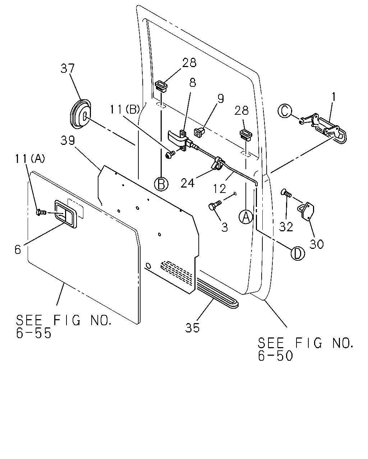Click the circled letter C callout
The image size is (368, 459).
(x=285, y=111)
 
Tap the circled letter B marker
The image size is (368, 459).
(x=161, y=184)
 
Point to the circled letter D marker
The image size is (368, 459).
(x=298, y=253)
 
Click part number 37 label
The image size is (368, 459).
(x=68, y=69)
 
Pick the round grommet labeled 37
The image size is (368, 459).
(x=80, y=114)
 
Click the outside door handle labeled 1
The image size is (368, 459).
(x=324, y=129)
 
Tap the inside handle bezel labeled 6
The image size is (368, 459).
(x=66, y=214)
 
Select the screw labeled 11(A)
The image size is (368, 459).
(x=41, y=212)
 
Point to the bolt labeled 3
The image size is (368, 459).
(x=215, y=205)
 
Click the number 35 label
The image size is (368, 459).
(x=192, y=328)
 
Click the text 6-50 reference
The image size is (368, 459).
(x=275, y=356)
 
